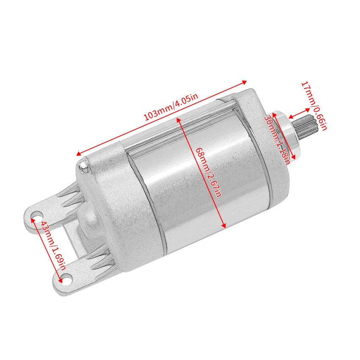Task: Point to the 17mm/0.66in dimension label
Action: pyautogui.click(x=314, y=106)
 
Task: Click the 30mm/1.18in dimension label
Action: pyautogui.click(x=277, y=140)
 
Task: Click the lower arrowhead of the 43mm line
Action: pyautogui.click(x=64, y=276)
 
